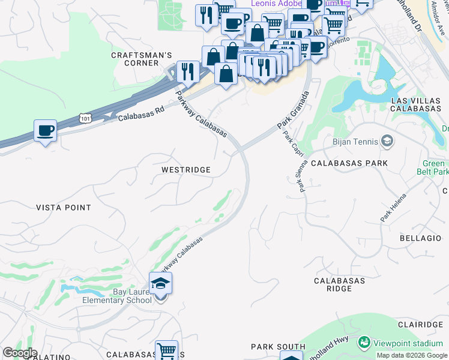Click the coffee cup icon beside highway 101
(x=45, y=130)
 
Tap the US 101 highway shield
(x=84, y=119)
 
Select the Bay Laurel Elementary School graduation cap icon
(x=160, y=283)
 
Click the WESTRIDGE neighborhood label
(x=186, y=170)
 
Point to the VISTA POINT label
(x=64, y=208)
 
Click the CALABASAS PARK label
(x=349, y=163)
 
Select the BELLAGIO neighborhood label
(x=420, y=238)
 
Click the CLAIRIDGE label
(x=421, y=324)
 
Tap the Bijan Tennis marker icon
(x=387, y=142)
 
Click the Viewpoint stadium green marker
(x=364, y=343)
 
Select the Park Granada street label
(x=292, y=110)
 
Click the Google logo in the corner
(x=19, y=353)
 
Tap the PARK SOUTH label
(x=278, y=347)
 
